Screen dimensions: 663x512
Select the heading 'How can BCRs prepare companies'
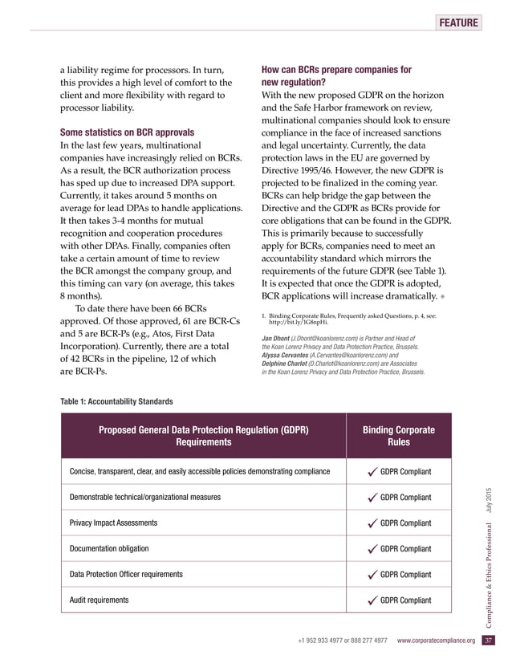337,71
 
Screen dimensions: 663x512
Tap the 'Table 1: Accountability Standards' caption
116,401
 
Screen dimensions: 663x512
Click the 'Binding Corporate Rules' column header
399,436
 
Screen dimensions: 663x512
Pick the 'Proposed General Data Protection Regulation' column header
205,436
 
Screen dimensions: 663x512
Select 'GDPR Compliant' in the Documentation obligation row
405,549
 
